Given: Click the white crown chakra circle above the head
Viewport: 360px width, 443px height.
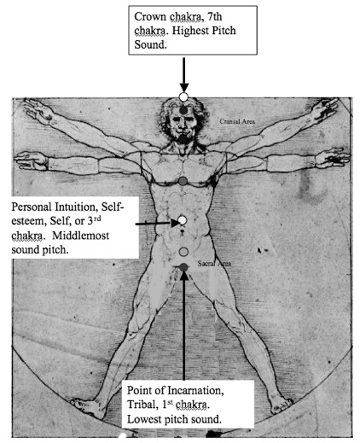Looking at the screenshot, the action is [x=183, y=97].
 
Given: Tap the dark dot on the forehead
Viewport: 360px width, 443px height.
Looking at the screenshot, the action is [x=183, y=110].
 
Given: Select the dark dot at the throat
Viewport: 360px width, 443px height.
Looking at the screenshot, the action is [x=183, y=138].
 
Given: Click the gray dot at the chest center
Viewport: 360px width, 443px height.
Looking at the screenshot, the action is [x=183, y=180].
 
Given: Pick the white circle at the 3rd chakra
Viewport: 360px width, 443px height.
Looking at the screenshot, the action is [x=183, y=220].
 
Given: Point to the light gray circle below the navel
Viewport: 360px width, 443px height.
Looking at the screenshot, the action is [x=184, y=252].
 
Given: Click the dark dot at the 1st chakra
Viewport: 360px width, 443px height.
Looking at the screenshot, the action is [x=184, y=267].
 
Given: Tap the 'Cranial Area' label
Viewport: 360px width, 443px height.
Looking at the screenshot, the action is [x=237, y=121].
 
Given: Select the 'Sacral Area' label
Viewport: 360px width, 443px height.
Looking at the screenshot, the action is [x=214, y=264].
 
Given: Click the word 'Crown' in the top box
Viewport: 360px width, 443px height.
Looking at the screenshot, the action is [x=150, y=16].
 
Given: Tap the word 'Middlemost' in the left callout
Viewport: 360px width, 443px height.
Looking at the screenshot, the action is [x=80, y=236].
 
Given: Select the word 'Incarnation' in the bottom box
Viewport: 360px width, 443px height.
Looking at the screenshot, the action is [x=194, y=390].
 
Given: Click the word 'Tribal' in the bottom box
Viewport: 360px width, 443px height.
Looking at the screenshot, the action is [x=142, y=405].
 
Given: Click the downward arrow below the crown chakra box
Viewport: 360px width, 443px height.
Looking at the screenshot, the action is [x=184, y=75].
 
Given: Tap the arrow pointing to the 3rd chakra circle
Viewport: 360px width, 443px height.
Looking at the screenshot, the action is [x=157, y=224].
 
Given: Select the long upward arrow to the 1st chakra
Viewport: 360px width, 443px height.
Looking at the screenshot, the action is [x=184, y=326].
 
